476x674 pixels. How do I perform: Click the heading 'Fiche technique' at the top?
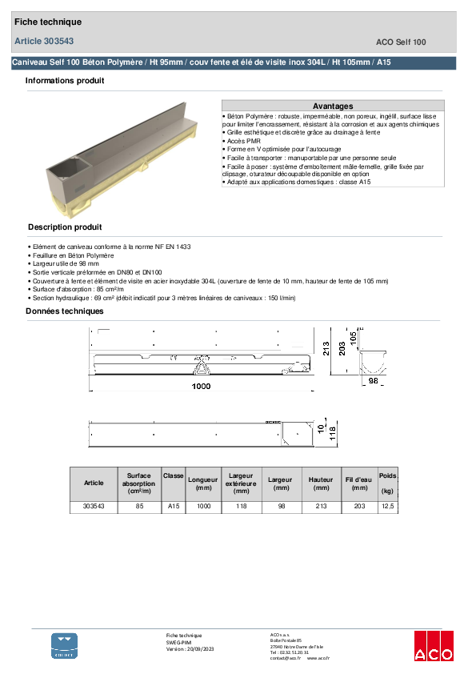point(48,22)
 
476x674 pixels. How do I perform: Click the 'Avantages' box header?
point(332,106)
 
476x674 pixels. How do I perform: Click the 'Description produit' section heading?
point(65,227)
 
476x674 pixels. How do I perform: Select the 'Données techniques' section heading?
point(64,311)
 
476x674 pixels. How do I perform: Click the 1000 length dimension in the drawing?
point(200,387)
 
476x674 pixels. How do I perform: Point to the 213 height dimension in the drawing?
point(326,347)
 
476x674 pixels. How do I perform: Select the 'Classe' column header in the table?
point(174,475)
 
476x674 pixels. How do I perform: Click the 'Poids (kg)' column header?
point(387,483)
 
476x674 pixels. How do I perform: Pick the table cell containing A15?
point(174,507)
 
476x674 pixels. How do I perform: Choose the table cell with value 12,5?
point(387,507)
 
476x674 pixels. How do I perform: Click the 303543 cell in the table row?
point(94,507)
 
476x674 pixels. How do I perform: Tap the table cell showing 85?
point(139,507)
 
